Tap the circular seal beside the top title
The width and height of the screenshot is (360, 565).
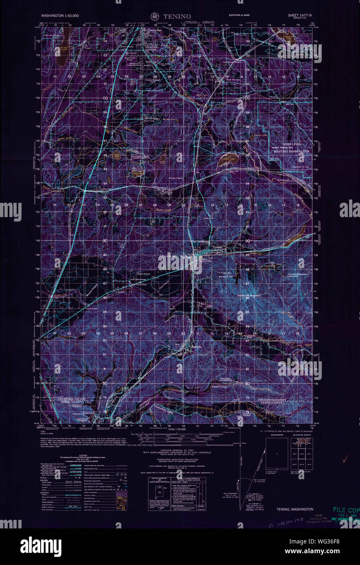point(155,16)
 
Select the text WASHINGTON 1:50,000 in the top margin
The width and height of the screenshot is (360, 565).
point(60,15)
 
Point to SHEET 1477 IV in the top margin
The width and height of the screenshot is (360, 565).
point(302,15)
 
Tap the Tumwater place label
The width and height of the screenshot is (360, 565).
point(155,30)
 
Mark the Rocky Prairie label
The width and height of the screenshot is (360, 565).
point(177,178)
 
